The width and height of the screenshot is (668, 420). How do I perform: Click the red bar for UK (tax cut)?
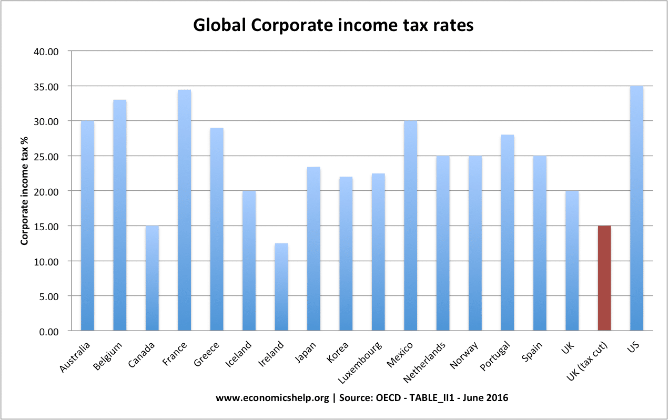[604, 278]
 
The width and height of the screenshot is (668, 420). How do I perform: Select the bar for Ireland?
[281, 287]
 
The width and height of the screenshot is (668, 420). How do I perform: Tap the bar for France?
[184, 210]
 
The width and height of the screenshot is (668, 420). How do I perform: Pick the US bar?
[636, 208]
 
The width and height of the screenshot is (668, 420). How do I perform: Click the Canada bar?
[152, 278]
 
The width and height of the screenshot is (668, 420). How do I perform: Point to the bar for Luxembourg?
[378, 252]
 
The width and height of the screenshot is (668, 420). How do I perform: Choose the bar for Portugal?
[507, 232]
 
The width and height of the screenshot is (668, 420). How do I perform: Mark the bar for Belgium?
[119, 215]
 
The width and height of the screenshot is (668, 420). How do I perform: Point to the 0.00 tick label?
[49, 332]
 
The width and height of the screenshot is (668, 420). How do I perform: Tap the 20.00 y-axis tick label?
[46, 192]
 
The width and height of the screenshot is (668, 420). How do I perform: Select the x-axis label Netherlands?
[424, 363]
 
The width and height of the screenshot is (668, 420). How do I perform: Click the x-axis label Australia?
[75, 357]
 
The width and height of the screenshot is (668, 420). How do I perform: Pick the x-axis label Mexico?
[400, 354]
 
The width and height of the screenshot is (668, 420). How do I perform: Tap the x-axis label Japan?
[305, 352]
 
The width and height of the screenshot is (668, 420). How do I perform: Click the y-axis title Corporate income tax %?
[24, 191]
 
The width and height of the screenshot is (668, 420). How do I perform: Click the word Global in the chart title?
[220, 25]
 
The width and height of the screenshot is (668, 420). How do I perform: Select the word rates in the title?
[453, 26]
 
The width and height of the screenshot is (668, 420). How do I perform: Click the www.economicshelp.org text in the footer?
[272, 397]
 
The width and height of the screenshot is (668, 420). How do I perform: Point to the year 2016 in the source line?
[497, 397]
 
